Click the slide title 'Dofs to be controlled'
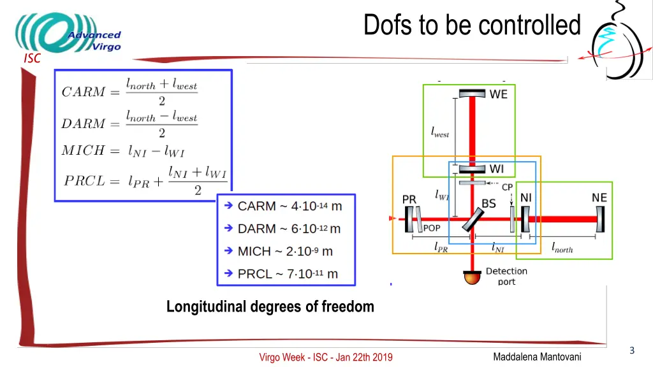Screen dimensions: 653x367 point(472,25)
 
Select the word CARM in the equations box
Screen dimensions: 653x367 point(83,92)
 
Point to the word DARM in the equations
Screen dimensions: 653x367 point(83,124)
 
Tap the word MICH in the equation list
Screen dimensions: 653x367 point(82,151)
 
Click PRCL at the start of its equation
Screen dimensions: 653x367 point(85,180)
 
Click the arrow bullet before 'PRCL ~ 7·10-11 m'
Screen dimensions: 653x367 point(228,273)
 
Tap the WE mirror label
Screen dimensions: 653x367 point(499,94)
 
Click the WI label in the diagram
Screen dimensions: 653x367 point(496,169)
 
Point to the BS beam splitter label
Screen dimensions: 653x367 point(488,204)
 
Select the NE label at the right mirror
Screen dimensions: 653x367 point(599,198)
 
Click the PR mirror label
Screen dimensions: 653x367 point(409,199)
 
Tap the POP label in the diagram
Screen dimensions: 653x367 point(432,228)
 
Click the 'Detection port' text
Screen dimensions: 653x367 point(506,276)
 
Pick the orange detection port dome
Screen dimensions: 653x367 point(472,277)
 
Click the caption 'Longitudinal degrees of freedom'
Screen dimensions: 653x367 point(270,306)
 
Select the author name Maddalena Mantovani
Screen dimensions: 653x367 point(537,357)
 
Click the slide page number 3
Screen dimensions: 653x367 point(631,350)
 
